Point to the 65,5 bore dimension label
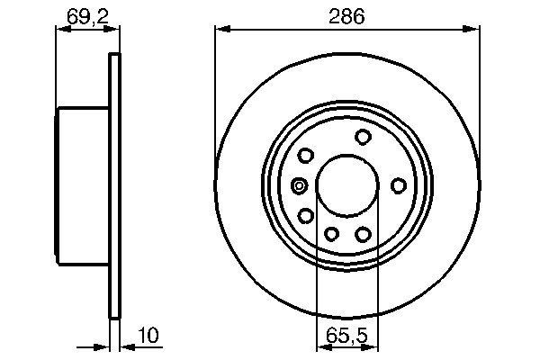346,336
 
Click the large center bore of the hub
346,185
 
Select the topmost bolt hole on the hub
363,137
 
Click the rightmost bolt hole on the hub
398,185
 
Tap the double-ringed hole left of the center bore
300,186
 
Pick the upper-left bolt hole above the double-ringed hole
306,156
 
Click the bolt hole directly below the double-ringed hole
306,215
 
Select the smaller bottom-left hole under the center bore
331,235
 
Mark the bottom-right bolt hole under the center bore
363,234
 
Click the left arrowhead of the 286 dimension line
220,30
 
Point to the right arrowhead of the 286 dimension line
472,30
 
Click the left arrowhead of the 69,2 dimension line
62,30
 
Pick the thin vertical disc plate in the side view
114,185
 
